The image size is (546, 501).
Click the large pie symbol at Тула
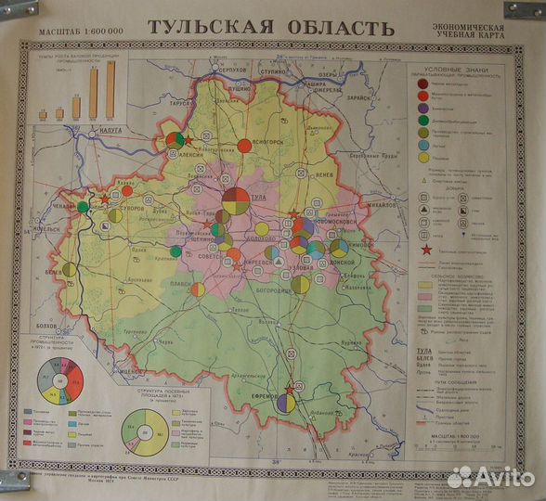tap(237, 201)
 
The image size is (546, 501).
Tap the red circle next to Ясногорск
tap(244, 146)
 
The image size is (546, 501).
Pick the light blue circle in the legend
tap(423, 146)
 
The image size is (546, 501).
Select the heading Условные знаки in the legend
tap(458, 71)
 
